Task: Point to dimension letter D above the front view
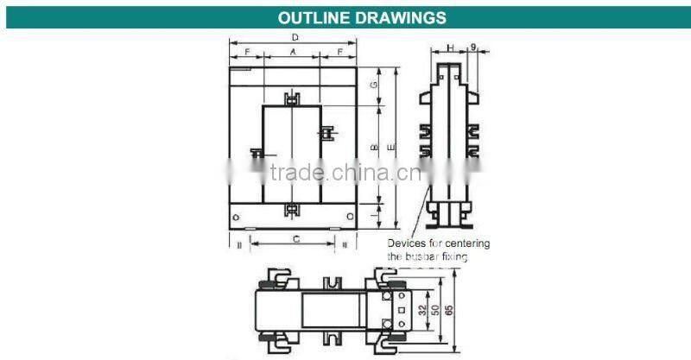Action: tap(295, 37)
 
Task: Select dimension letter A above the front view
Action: tap(293, 54)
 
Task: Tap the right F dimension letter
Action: tap(340, 54)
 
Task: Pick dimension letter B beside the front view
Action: tap(373, 148)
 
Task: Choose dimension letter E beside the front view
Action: tap(390, 148)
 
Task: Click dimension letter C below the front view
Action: tap(295, 237)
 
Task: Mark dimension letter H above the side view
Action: tap(450, 47)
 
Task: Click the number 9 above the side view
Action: tap(473, 47)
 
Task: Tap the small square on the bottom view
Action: tap(402, 307)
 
